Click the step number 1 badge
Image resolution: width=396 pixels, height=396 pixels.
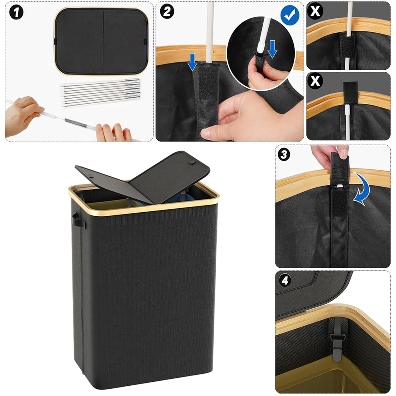(16, 12)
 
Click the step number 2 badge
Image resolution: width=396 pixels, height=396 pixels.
(167, 11)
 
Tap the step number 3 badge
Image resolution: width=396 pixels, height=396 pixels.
(284, 154)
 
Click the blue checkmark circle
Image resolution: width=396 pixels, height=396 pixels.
(290, 15)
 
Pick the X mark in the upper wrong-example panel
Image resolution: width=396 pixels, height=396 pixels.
(315, 11)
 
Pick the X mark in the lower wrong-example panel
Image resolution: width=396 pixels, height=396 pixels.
(315, 81)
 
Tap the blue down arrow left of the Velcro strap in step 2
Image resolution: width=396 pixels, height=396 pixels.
(192, 62)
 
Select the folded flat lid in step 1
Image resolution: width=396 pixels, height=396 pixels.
(101, 41)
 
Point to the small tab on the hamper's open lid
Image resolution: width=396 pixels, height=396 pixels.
(192, 162)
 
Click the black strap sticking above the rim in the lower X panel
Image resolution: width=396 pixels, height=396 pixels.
(350, 89)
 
